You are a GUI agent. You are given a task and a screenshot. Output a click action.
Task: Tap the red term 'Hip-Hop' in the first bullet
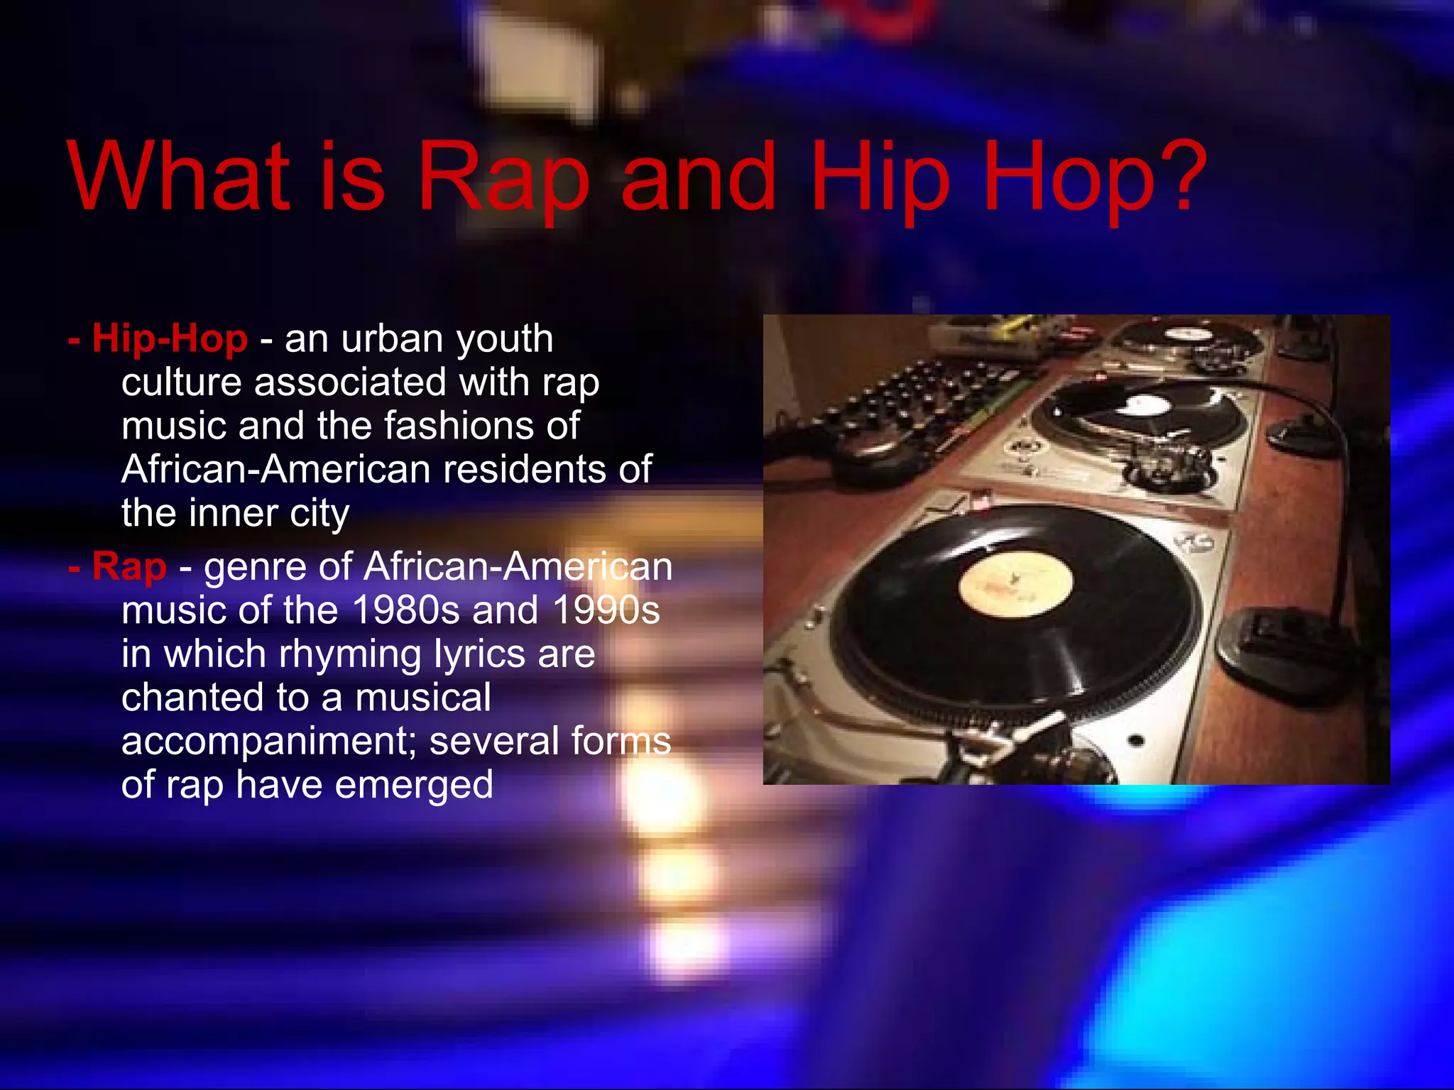tap(170, 338)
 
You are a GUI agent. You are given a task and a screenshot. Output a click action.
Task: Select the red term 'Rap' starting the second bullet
tap(129, 567)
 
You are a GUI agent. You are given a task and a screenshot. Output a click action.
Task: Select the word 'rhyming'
tap(350, 655)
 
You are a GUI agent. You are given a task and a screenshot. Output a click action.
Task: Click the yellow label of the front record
tap(1015, 585)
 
